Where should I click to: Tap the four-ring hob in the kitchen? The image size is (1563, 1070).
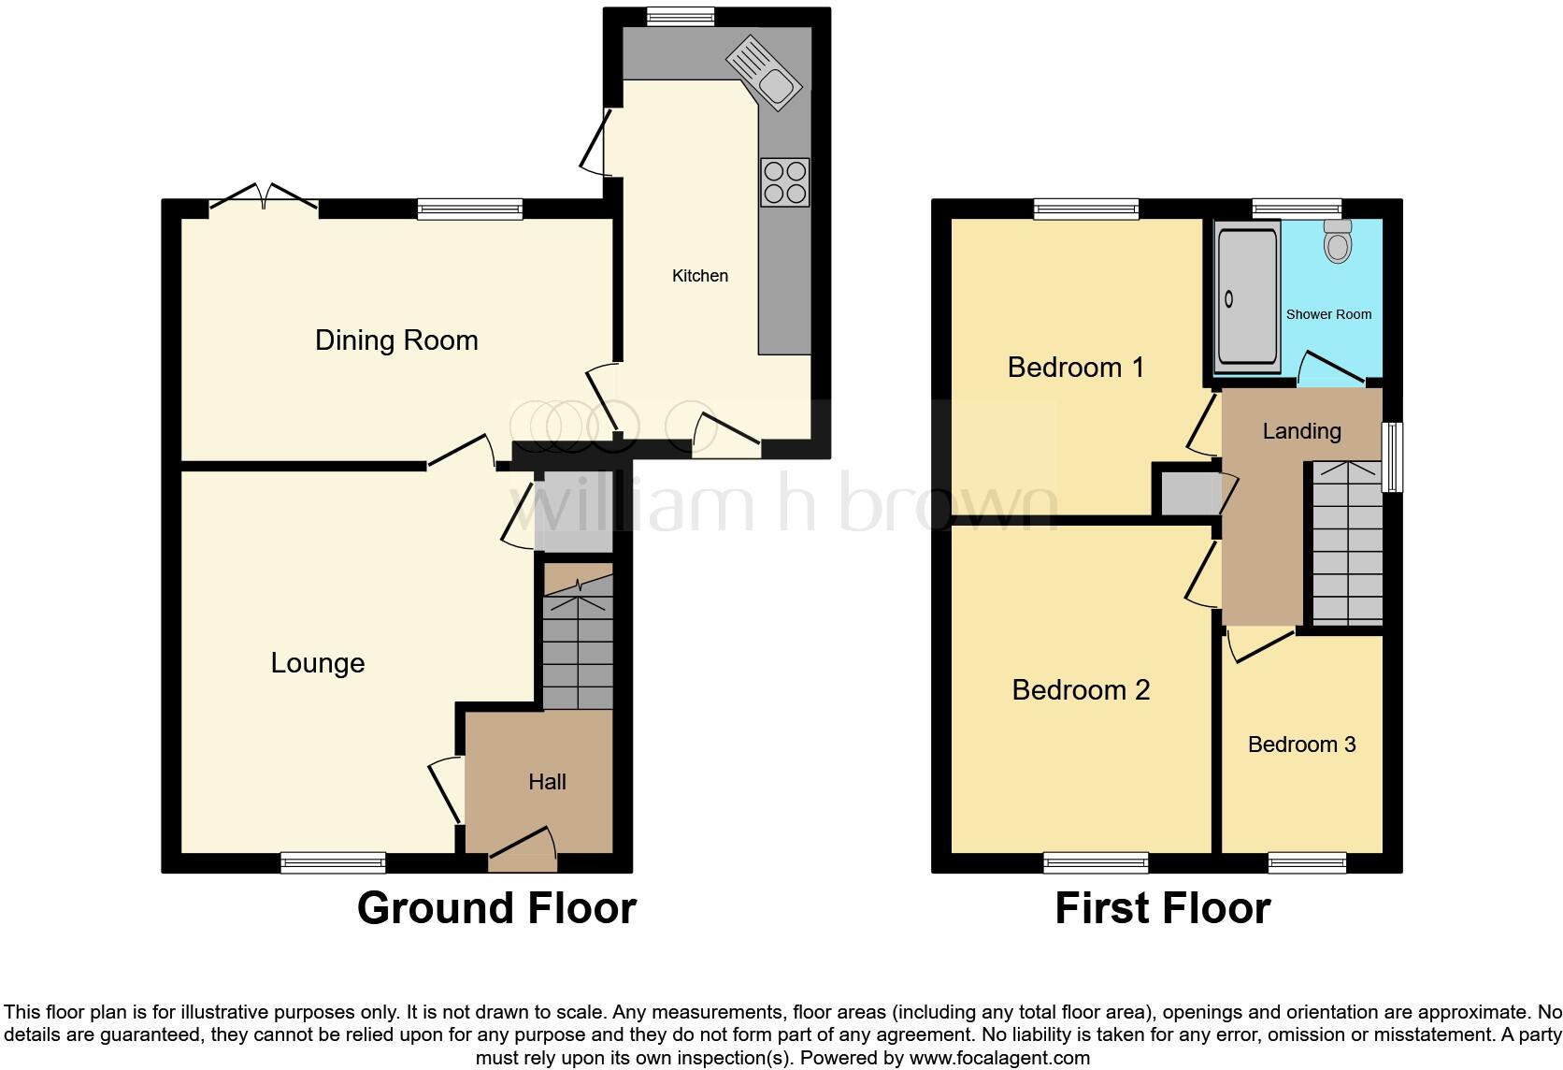pyautogui.click(x=784, y=182)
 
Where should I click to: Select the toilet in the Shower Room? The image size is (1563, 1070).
pyautogui.click(x=1339, y=242)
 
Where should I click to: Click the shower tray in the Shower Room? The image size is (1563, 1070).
pyautogui.click(x=1247, y=297)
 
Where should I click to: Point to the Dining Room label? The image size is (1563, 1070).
pyautogui.click(x=396, y=340)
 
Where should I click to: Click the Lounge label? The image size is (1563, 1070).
pyautogui.click(x=318, y=663)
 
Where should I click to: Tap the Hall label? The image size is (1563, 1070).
pyautogui.click(x=547, y=782)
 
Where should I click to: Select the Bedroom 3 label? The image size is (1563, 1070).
pyautogui.click(x=1301, y=745)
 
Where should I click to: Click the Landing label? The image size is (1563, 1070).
pyautogui.click(x=1301, y=431)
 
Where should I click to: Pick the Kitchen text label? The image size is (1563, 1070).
pyautogui.click(x=699, y=276)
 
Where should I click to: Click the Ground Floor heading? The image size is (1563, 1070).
pyautogui.click(x=496, y=908)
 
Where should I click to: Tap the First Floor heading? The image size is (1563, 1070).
pyautogui.click(x=1162, y=908)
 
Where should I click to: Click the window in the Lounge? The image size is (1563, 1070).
pyautogui.click(x=334, y=862)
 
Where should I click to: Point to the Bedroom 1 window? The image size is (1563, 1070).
pyautogui.click(x=1086, y=209)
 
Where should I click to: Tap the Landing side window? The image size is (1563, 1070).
pyautogui.click(x=1393, y=457)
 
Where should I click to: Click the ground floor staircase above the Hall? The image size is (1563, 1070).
pyautogui.click(x=578, y=645)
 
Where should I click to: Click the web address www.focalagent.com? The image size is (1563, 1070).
pyautogui.click(x=999, y=1059)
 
